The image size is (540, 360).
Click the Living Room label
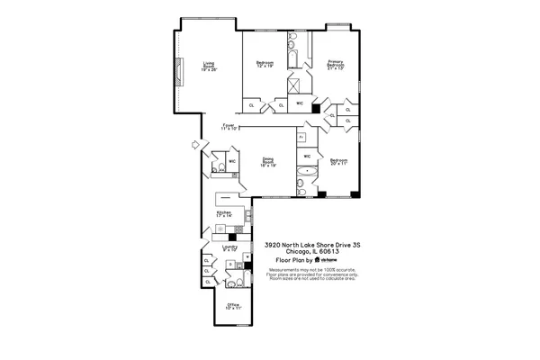pyautogui.click(x=209, y=66)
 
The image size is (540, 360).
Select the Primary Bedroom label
pyautogui.click(x=336, y=65)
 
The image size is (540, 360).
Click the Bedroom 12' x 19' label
pyautogui.click(x=265, y=64)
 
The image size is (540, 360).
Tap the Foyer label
pyautogui.click(x=229, y=127)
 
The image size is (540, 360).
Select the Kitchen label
pyautogui.click(x=224, y=215)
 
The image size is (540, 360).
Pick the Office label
pyautogui.click(x=233, y=306)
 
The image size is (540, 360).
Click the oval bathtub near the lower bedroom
pyautogui.click(x=309, y=170)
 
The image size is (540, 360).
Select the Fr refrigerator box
pyautogui.click(x=301, y=137)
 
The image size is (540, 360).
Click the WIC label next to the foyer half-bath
pyautogui.click(x=232, y=161)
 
